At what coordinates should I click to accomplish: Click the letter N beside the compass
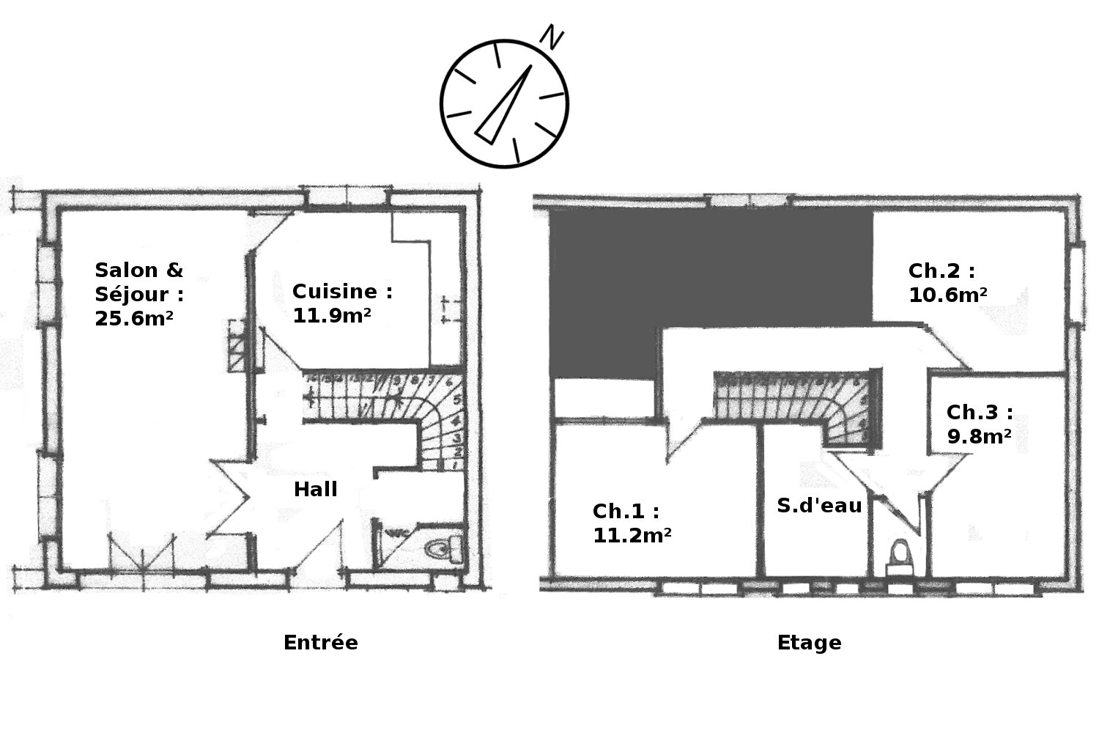tap(552, 37)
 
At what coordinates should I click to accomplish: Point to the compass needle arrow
tap(504, 105)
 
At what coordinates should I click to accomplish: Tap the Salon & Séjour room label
tap(139, 282)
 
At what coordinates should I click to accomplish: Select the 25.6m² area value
tap(134, 319)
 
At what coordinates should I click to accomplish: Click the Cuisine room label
tap(342, 291)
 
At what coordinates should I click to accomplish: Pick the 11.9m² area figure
tap(332, 315)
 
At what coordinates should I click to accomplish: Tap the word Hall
tap(316, 489)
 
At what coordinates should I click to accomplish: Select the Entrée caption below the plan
tap(321, 642)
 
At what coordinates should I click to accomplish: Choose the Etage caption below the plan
tap(810, 643)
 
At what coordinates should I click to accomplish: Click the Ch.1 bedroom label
tap(626, 511)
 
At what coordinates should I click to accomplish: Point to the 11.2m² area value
tap(632, 535)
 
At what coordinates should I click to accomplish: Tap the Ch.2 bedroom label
tap(942, 270)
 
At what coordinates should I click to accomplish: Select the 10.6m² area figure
tap(948, 295)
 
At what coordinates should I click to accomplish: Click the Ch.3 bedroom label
tap(980, 413)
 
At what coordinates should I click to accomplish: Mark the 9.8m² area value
tap(980, 436)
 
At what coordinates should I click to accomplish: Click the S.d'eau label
tap(819, 505)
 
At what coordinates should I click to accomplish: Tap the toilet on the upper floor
tap(900, 558)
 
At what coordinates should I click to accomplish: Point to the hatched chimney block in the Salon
tap(237, 345)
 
